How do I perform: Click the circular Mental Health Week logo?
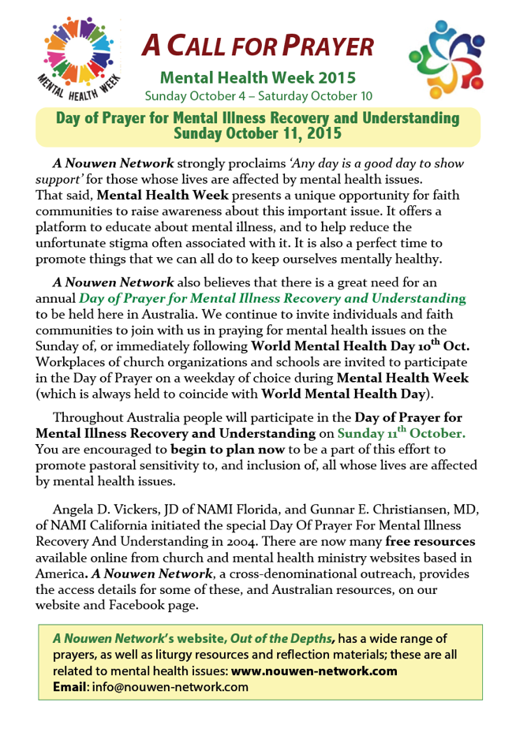tap(77, 59)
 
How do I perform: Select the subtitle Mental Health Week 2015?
tap(257, 78)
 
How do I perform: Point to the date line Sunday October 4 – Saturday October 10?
tap(257, 96)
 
